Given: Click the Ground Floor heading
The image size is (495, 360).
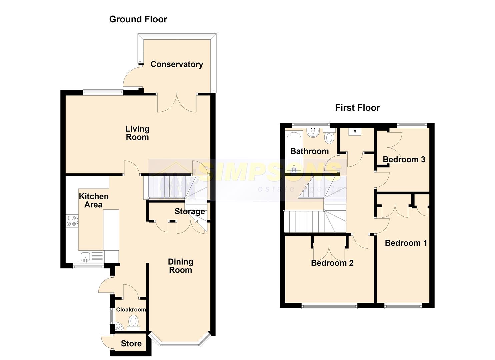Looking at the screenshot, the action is pos(138,19).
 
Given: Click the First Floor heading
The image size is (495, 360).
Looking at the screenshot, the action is pos(357,108).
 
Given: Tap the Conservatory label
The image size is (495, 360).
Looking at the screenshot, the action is pos(177,64).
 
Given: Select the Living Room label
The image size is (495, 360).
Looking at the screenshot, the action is pos(137,133).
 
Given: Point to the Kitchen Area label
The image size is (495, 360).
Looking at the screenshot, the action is pos(94,200).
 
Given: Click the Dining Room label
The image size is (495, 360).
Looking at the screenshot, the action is pos(181,266).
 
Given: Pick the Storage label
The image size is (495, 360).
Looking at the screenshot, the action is pos(190,211).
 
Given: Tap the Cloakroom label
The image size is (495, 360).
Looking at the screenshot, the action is pos(131,309).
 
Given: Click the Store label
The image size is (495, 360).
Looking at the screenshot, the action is pos(131,343).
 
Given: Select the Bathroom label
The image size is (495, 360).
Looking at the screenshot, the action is pos(309,151).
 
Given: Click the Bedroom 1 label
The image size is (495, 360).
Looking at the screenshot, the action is pos(406,243).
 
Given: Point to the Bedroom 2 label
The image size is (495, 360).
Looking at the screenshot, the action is pos(332,263).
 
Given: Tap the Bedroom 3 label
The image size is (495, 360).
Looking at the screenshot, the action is pos(404,159).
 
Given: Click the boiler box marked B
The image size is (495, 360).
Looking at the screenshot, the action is pos(355,132).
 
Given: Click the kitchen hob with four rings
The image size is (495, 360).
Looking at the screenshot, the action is pos(72,221).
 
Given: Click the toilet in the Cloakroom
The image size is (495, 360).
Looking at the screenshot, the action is pos(133,323).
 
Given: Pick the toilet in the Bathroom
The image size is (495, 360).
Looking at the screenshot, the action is pos(329,136).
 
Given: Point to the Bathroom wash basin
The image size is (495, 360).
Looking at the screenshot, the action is pos(313,133).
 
